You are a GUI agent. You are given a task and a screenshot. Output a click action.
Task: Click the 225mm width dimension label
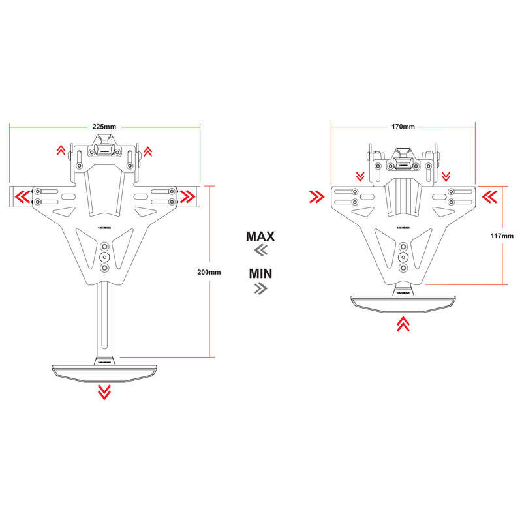[x=104, y=126]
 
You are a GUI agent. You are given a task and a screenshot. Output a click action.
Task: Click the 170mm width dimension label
[x=403, y=126]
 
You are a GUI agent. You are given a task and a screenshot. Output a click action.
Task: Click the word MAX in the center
[x=260, y=236]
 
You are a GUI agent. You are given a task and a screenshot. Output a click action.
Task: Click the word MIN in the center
[x=260, y=273]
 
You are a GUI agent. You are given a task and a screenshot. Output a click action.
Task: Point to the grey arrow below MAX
[x=260, y=251]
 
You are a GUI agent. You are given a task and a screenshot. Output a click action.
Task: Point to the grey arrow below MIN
[x=260, y=288]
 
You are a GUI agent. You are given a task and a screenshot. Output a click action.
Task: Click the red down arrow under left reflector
[x=104, y=391]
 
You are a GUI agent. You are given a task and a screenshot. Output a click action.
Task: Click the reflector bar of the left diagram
[x=104, y=371]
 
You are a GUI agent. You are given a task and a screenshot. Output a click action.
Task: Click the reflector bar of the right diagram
[x=403, y=301]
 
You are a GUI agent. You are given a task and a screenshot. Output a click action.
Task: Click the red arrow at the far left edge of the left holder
[x=22, y=195]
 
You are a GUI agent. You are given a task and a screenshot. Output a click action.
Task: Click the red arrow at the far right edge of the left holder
[x=188, y=195]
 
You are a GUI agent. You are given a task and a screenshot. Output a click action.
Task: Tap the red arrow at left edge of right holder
[x=317, y=195]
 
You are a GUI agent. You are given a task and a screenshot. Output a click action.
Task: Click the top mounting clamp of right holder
[x=403, y=159]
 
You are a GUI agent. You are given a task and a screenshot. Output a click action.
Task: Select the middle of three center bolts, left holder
[x=104, y=257]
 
